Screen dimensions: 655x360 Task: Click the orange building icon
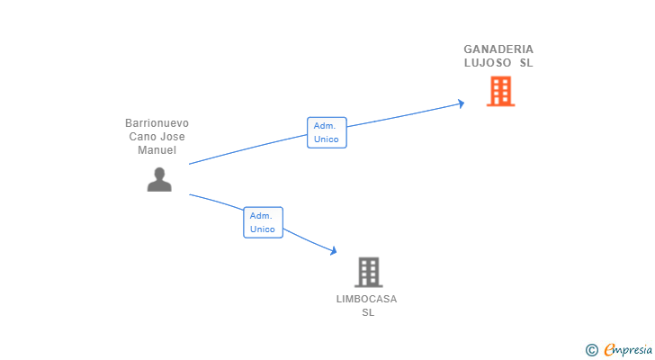(500, 91)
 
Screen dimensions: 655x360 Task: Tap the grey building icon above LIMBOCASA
(369, 272)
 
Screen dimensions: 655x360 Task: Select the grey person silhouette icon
(159, 180)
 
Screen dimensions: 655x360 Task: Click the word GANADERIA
(498, 49)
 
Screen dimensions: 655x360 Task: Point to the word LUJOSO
(488, 63)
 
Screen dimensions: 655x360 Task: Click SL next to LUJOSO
(526, 63)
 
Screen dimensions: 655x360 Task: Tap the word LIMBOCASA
(367, 299)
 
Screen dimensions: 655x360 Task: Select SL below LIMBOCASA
(368, 312)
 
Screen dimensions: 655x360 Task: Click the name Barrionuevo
(157, 123)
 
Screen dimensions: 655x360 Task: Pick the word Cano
(139, 137)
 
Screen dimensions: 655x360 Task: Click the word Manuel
(157, 150)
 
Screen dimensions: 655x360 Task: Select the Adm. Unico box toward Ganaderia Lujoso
(327, 132)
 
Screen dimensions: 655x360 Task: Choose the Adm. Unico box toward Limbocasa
(263, 222)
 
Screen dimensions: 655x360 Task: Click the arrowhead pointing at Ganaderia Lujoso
(462, 103)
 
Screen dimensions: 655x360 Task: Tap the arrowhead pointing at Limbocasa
(333, 250)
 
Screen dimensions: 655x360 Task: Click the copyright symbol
(591, 350)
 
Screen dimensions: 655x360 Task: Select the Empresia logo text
(628, 350)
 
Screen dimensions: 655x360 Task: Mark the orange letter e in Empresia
(609, 349)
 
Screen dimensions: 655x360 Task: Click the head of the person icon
(159, 173)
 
